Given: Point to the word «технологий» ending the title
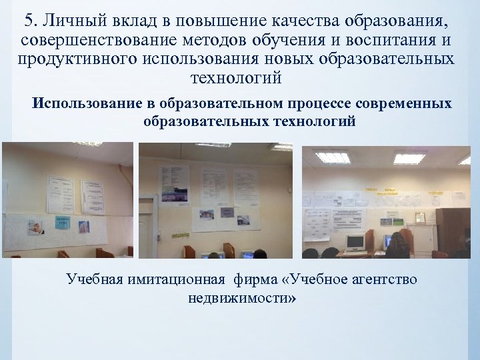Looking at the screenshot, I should coord(237,79).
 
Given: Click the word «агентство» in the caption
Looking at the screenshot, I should coord(381,279).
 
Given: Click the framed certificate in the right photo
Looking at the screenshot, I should coord(420,217).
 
